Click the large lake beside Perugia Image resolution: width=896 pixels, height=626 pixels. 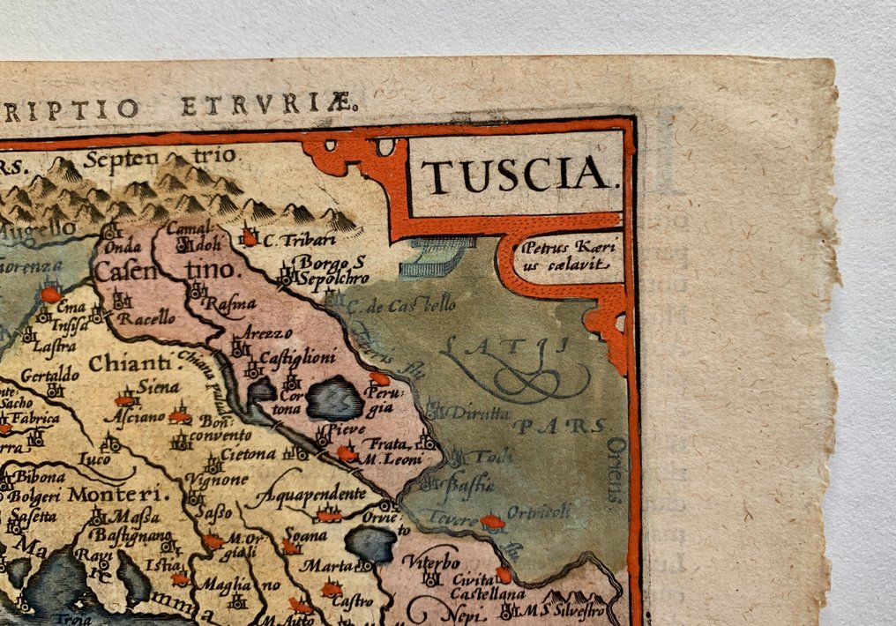pyautogui.click(x=334, y=399)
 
